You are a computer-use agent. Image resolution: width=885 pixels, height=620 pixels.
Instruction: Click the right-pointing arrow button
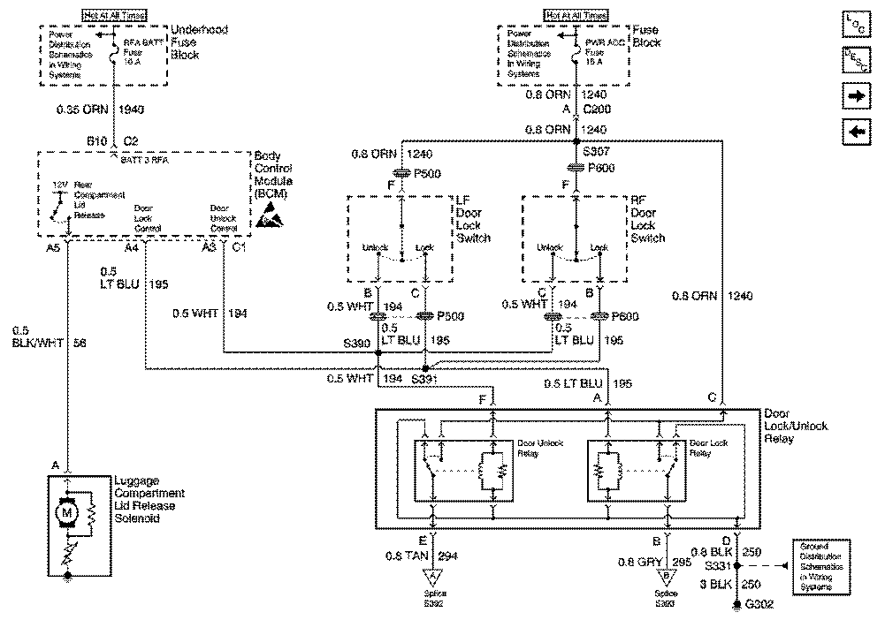click(x=857, y=95)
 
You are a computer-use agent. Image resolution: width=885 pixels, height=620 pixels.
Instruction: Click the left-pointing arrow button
click(x=857, y=132)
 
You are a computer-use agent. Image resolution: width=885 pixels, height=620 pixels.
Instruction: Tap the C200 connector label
click(x=594, y=110)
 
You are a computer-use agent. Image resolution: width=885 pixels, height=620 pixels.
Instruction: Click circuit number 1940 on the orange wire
click(x=130, y=110)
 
